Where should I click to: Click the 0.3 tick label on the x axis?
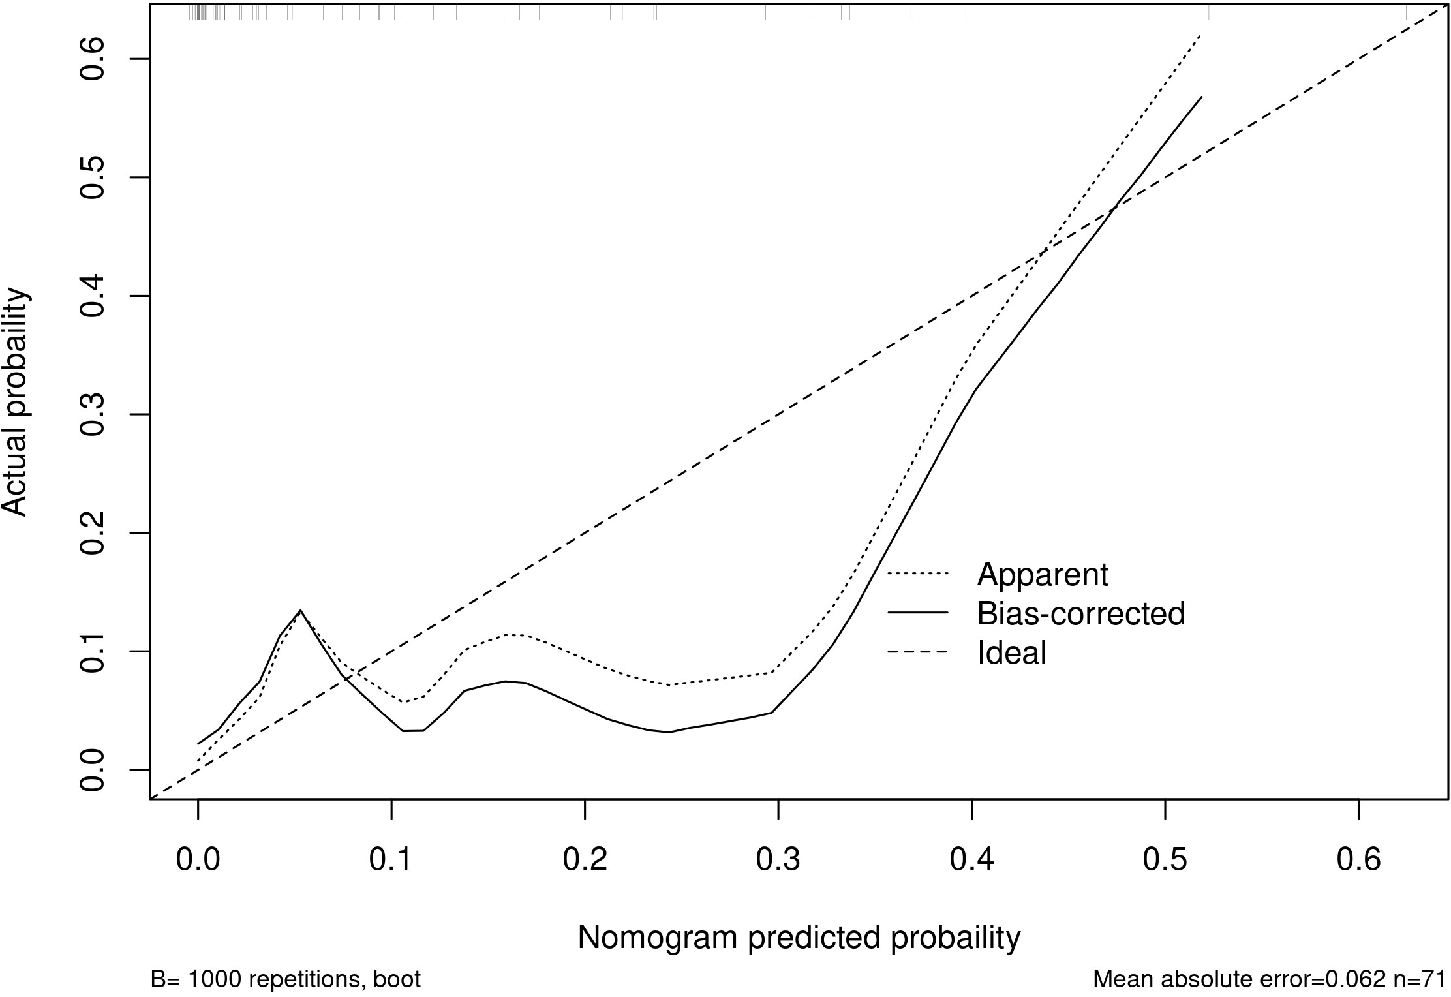(x=778, y=861)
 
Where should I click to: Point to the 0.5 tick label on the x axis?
(x=1165, y=861)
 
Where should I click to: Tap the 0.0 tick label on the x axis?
(x=198, y=861)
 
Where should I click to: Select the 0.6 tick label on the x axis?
(x=1358, y=861)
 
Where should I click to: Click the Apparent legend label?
(x=1043, y=575)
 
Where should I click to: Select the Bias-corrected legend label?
(x=1080, y=613)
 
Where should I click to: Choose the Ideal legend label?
(x=1012, y=652)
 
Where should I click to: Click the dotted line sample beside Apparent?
(x=917, y=575)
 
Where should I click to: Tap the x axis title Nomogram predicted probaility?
(x=799, y=938)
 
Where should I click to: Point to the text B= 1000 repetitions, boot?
(x=285, y=979)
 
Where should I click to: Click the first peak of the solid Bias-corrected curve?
(x=300, y=611)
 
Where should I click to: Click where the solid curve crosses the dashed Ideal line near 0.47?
(x=1113, y=209)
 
